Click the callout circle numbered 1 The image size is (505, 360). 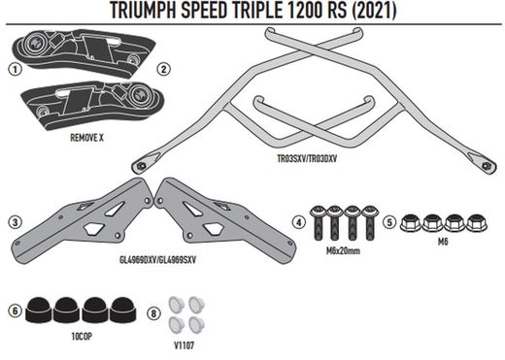coord(14,70)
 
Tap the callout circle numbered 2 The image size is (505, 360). coord(163,69)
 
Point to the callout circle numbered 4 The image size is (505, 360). coord(299,222)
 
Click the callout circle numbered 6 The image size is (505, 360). coord(14,311)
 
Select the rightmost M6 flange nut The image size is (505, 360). coord(476,221)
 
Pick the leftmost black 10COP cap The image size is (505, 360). coord(42,310)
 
